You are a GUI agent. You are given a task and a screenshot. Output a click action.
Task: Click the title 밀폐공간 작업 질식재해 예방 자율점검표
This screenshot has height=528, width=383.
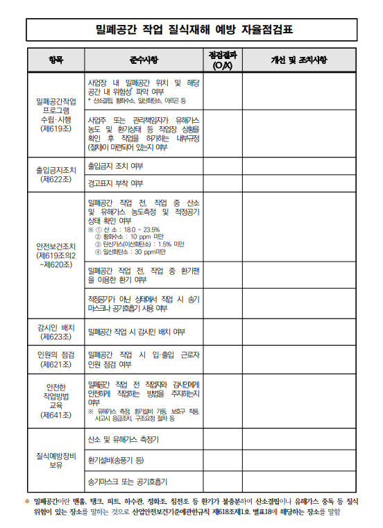pyautogui.click(x=194, y=29)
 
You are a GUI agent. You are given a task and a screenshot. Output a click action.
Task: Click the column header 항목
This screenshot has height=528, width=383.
pyautogui.click(x=55, y=60)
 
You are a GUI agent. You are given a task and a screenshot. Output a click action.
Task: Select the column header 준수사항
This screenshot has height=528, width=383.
pyautogui.click(x=144, y=60)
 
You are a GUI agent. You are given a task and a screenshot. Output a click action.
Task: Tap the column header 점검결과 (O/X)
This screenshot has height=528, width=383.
pyautogui.click(x=222, y=60)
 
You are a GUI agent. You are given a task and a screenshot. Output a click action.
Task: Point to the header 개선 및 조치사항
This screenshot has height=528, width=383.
pyautogui.click(x=298, y=60)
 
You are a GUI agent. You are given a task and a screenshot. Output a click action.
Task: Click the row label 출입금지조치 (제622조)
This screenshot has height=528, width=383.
pyautogui.click(x=55, y=173)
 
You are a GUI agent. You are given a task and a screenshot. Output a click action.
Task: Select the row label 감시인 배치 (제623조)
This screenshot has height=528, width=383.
pyautogui.click(x=55, y=332)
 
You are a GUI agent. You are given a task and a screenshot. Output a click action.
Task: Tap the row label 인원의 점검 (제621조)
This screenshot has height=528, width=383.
pyautogui.click(x=55, y=359)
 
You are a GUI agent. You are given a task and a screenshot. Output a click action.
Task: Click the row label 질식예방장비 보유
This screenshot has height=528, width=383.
pyautogui.click(x=55, y=461)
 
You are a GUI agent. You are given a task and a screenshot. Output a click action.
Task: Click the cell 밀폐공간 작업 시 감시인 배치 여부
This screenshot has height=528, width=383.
pyautogui.click(x=136, y=332)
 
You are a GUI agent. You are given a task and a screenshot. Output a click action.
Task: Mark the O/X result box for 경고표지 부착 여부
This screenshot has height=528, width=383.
pyautogui.click(x=222, y=183)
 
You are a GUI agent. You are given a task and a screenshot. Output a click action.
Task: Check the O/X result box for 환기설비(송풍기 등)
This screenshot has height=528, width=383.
pyautogui.click(x=222, y=460)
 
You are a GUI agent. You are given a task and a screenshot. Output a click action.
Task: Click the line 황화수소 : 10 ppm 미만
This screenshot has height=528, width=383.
pyautogui.click(x=128, y=237)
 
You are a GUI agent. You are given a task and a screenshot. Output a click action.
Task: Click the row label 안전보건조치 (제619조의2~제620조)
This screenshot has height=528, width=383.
pyautogui.click(x=55, y=255)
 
